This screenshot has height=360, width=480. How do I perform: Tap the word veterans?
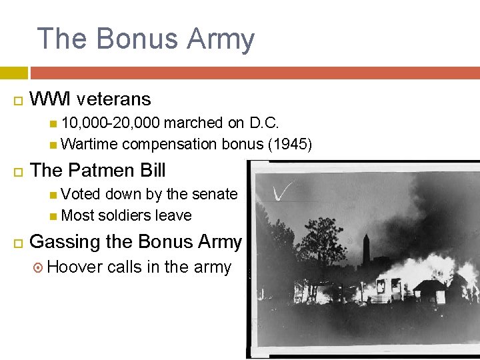(114, 99)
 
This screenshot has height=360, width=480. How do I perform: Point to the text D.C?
(265, 123)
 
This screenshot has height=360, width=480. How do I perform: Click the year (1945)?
(289, 144)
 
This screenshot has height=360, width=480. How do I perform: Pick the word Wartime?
(89, 144)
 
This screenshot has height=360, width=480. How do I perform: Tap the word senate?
(215, 194)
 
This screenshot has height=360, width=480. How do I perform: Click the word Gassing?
(63, 241)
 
